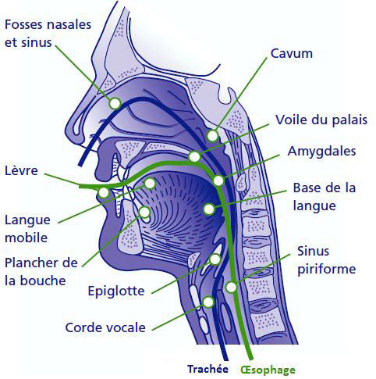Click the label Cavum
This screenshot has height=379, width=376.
click(x=292, y=53)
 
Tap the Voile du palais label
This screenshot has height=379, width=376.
click(x=321, y=120)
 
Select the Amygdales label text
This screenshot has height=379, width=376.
click(x=321, y=152)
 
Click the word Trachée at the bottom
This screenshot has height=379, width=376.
click(x=208, y=369)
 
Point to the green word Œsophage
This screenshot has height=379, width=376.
click(x=268, y=370)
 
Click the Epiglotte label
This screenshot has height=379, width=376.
click(x=116, y=291)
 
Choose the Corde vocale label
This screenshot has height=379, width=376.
click(x=105, y=327)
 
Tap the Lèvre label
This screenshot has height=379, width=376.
click(x=21, y=170)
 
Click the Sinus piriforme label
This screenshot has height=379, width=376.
click(x=326, y=260)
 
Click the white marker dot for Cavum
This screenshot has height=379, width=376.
click(x=212, y=136)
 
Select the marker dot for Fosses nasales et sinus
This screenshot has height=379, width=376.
click(x=115, y=103)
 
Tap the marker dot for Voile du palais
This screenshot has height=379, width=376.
click(x=194, y=157)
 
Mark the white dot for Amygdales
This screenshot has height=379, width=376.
click(x=218, y=181)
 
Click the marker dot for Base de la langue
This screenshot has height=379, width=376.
click(x=209, y=209)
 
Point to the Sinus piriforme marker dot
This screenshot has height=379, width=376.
click(x=231, y=287)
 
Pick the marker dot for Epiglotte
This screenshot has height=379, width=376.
click(x=215, y=259)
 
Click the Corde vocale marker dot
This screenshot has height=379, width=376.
click(x=208, y=302)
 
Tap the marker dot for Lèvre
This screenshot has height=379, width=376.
click(x=104, y=193)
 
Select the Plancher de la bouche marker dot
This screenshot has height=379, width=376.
click(x=144, y=212)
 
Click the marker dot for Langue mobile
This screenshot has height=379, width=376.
click(x=150, y=184)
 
